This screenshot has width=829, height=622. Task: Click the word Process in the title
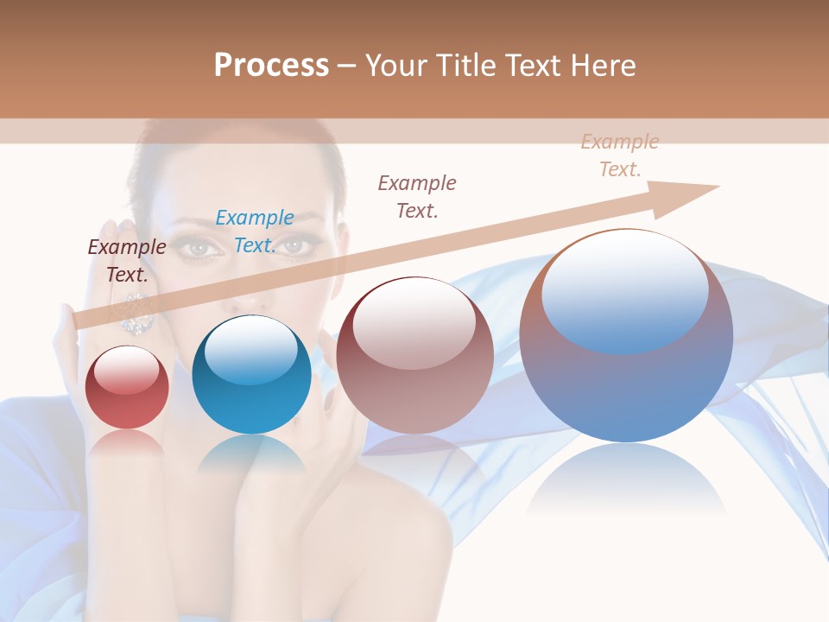click(x=271, y=66)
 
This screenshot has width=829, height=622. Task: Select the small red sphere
click(x=128, y=388)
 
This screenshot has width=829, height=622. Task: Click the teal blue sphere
click(x=251, y=375)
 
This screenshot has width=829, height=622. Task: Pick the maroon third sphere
click(x=414, y=356)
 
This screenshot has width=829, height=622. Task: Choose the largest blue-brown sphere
click(x=626, y=337)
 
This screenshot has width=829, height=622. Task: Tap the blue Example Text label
click(x=255, y=232)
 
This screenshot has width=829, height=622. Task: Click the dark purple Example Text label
click(x=127, y=261)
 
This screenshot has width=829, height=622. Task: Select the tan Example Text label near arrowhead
click(x=619, y=155)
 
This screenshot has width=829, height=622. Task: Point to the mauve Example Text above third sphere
click(x=417, y=196)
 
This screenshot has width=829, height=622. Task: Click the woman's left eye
click(x=200, y=249)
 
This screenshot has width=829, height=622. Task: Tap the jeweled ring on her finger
click(x=136, y=313)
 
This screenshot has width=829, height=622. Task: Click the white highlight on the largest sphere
click(x=624, y=289)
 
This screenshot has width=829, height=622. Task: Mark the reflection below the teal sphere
click(x=251, y=454)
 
